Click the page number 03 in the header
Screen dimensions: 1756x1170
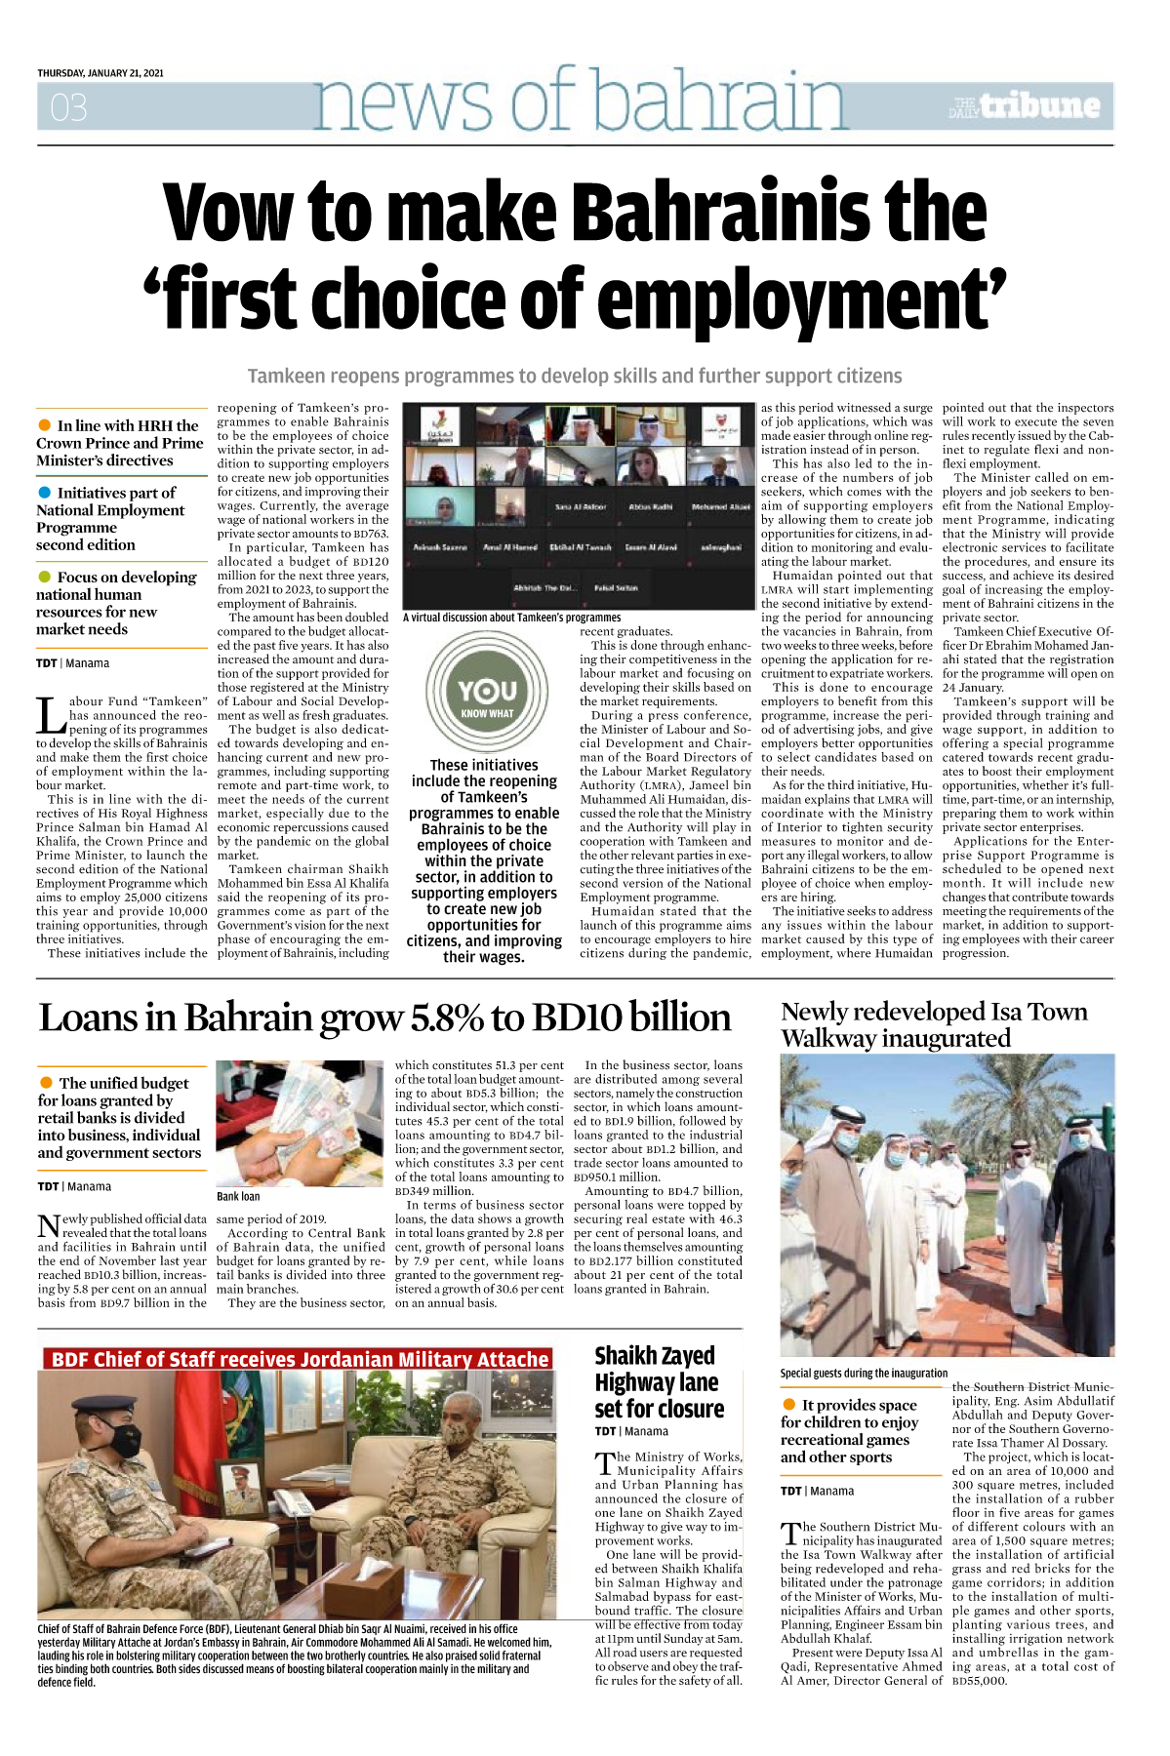[x=68, y=107]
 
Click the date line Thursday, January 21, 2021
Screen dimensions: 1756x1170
[x=101, y=73]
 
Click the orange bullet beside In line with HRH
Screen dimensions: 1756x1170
[x=44, y=425]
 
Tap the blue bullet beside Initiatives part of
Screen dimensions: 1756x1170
[x=44, y=493]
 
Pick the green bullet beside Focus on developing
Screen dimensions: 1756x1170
[x=44, y=577]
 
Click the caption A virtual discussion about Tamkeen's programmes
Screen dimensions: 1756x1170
[x=511, y=618]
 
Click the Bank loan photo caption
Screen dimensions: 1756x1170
[x=238, y=1196]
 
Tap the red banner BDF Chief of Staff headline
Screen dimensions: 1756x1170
[x=299, y=1359]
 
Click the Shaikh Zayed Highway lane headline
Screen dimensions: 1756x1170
[x=659, y=1381]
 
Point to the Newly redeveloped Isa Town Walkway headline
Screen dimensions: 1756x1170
[x=933, y=1024]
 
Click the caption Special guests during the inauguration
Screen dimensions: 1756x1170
[x=864, y=1373]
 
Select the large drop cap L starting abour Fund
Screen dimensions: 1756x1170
[x=51, y=714]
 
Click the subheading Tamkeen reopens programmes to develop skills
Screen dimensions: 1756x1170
[x=574, y=377]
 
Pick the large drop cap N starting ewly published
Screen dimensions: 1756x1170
[x=48, y=1226]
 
